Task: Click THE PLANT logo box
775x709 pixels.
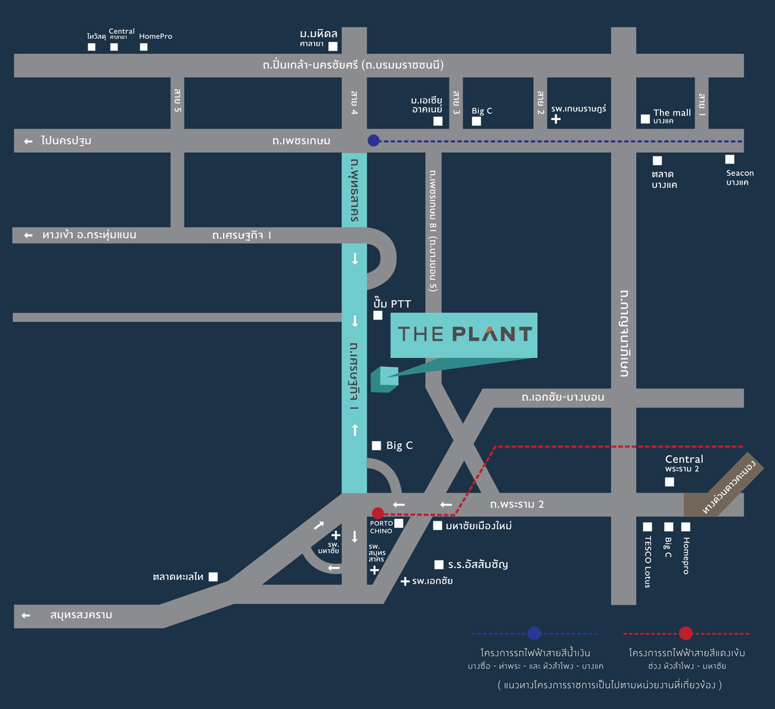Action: [x=464, y=335]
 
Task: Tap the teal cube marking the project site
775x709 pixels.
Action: [x=385, y=380]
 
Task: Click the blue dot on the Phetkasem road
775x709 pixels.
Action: [x=374, y=140]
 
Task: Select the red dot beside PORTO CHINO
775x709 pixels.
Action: [x=378, y=513]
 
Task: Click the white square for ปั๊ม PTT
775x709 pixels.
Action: [x=378, y=315]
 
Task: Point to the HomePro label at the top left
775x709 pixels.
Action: [x=156, y=36]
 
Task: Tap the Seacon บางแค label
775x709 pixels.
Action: [x=740, y=177]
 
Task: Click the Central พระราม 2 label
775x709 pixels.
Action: [x=684, y=463]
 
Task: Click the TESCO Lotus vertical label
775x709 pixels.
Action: [x=648, y=562]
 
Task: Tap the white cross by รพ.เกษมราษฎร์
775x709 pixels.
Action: [x=556, y=119]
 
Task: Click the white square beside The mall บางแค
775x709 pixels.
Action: [x=645, y=119]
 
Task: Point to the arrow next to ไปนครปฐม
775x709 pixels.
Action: [x=28, y=141]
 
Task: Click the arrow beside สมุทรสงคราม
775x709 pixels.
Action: [x=26, y=615]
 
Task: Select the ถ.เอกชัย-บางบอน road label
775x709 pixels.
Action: [x=563, y=397]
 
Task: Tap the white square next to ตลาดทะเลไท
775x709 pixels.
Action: [x=213, y=577]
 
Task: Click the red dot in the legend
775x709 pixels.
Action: [x=686, y=634]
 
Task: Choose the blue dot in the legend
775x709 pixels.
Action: [x=534, y=634]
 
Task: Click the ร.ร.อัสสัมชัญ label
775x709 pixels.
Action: [x=478, y=565]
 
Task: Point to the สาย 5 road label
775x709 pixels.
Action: [x=177, y=100]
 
